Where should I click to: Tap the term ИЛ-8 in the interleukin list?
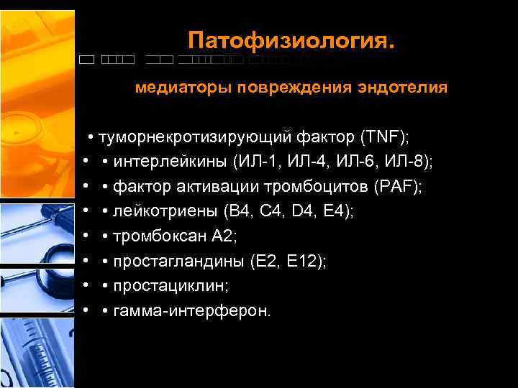click(x=409, y=162)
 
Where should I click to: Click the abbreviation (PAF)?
click(x=399, y=187)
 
